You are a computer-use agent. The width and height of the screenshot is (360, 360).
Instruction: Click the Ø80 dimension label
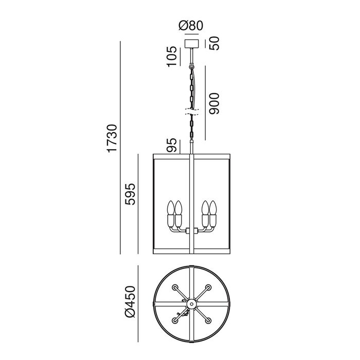coord(191,26)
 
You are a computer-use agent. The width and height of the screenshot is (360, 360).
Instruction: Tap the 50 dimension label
coord(214,43)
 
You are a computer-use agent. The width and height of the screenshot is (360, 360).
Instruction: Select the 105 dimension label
coord(172,57)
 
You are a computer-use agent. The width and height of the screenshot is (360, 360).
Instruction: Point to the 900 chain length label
coord(214,103)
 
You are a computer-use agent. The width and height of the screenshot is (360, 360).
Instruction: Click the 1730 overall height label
coord(112,138)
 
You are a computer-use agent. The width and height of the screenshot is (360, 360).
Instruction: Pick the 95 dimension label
coord(172,145)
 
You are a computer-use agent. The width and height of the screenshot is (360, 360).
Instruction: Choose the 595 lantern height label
coord(130,194)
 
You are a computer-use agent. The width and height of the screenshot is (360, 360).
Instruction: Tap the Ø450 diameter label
coord(130,302)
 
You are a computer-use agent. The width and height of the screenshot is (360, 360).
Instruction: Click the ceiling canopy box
coord(192,44)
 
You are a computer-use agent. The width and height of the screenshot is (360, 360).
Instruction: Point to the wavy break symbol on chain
coord(192,112)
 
